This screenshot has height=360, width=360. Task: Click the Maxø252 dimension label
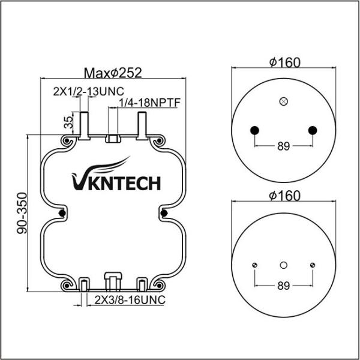112,73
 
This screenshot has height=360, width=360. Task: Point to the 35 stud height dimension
68,123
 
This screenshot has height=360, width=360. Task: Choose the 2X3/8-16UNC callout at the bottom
129,298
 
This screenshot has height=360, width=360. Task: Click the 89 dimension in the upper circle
284,146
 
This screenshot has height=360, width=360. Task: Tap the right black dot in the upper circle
312,130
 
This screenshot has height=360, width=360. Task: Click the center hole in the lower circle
284,265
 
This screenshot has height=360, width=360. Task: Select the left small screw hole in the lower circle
255,265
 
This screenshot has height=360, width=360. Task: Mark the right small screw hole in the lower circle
312,265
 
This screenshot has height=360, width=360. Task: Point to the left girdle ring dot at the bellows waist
62,213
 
